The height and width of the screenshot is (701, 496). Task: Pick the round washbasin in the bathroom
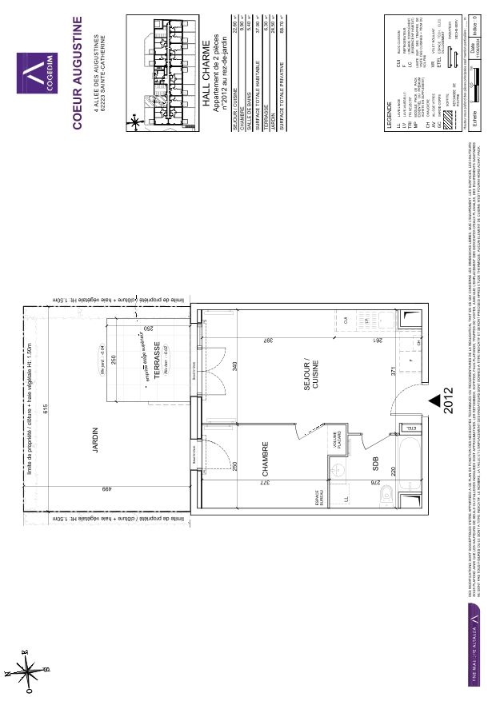pos(339,472)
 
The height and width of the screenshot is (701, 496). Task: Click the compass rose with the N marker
pos(30,667)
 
